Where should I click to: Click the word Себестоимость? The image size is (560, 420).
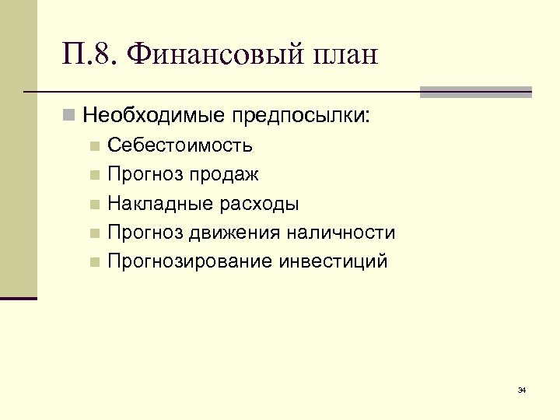(180, 145)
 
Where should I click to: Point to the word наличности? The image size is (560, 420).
(343, 233)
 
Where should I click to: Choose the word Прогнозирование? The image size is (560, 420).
(187, 261)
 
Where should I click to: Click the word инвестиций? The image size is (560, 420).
(332, 261)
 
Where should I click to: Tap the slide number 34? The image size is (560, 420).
(522, 389)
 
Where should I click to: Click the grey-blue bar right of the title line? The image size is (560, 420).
(475, 92)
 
